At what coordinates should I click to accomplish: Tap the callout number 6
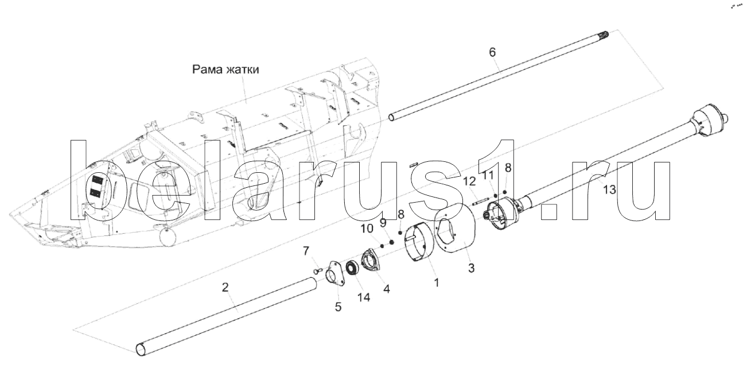pyautogui.click(x=492, y=52)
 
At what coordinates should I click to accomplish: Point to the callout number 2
pyautogui.click(x=226, y=287)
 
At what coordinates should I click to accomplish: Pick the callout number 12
pyautogui.click(x=469, y=181)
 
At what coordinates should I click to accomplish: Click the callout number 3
pyautogui.click(x=471, y=268)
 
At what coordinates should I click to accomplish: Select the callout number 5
pyautogui.click(x=339, y=307)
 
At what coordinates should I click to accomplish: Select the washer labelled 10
pyautogui.click(x=383, y=245)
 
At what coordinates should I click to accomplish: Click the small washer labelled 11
pyautogui.click(x=495, y=196)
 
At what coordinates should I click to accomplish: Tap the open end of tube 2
pyautogui.click(x=141, y=348)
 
